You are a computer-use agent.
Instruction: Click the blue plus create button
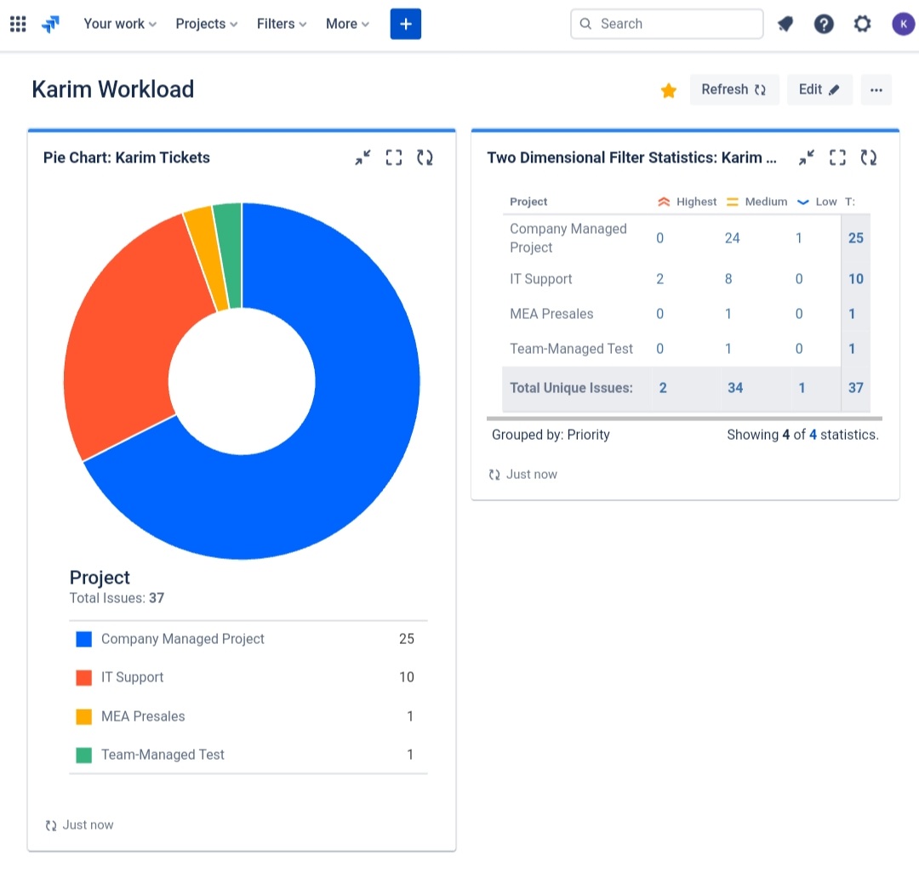pos(406,24)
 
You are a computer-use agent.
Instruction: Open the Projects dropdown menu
pos(206,24)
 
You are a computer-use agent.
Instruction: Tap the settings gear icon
pos(862,24)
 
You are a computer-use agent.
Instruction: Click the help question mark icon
pos(824,24)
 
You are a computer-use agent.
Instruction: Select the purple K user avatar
pos(903,24)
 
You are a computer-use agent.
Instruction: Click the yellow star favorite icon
pos(669,90)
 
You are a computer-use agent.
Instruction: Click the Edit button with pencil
pos(819,89)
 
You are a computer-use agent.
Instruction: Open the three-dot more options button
pos(876,89)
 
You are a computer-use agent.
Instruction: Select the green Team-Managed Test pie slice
pos(228,255)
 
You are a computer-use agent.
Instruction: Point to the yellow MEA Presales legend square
pos(83,716)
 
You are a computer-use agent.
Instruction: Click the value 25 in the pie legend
pos(406,639)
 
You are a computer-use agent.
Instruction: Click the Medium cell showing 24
pos(732,238)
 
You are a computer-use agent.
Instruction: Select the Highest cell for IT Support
pos(659,279)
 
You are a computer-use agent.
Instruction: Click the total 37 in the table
pos(855,388)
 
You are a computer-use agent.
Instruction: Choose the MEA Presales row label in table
pos(551,314)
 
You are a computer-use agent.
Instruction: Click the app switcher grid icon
pos(18,24)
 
